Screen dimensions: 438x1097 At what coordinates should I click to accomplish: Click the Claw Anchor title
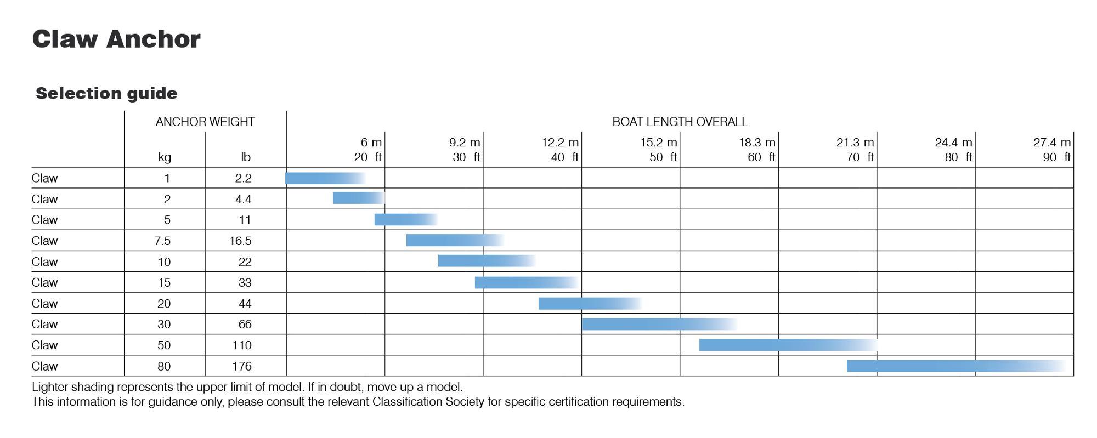pos(116,39)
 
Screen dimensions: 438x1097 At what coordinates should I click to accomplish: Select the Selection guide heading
pos(106,93)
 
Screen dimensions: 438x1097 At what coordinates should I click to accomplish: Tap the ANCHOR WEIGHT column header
pos(205,122)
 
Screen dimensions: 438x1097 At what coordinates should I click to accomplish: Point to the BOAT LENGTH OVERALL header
pos(680,122)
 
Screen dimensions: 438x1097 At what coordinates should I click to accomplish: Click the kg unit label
pos(165,157)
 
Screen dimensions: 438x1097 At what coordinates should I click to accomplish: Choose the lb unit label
pos(245,157)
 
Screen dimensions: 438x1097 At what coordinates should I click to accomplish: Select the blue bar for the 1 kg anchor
pos(324,178)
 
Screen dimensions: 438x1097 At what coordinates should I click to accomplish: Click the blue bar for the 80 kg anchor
pos(954,366)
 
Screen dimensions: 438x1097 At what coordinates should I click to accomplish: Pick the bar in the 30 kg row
pos(658,324)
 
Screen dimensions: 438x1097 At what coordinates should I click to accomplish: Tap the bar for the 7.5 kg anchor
pos(454,240)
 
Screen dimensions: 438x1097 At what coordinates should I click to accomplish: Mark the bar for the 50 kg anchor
pos(787,345)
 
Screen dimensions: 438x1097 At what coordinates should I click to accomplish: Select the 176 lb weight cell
pos(241,366)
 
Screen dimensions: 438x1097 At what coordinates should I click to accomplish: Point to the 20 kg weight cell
pos(164,304)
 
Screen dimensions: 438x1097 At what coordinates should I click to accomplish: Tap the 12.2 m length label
pos(560,143)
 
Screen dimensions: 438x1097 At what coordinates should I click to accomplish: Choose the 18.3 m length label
pos(756,143)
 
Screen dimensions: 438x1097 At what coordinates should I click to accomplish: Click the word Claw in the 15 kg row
pos(44,283)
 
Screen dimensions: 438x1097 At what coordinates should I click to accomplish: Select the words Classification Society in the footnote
pos(428,402)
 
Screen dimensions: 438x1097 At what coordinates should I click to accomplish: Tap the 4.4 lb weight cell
pos(243,199)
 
